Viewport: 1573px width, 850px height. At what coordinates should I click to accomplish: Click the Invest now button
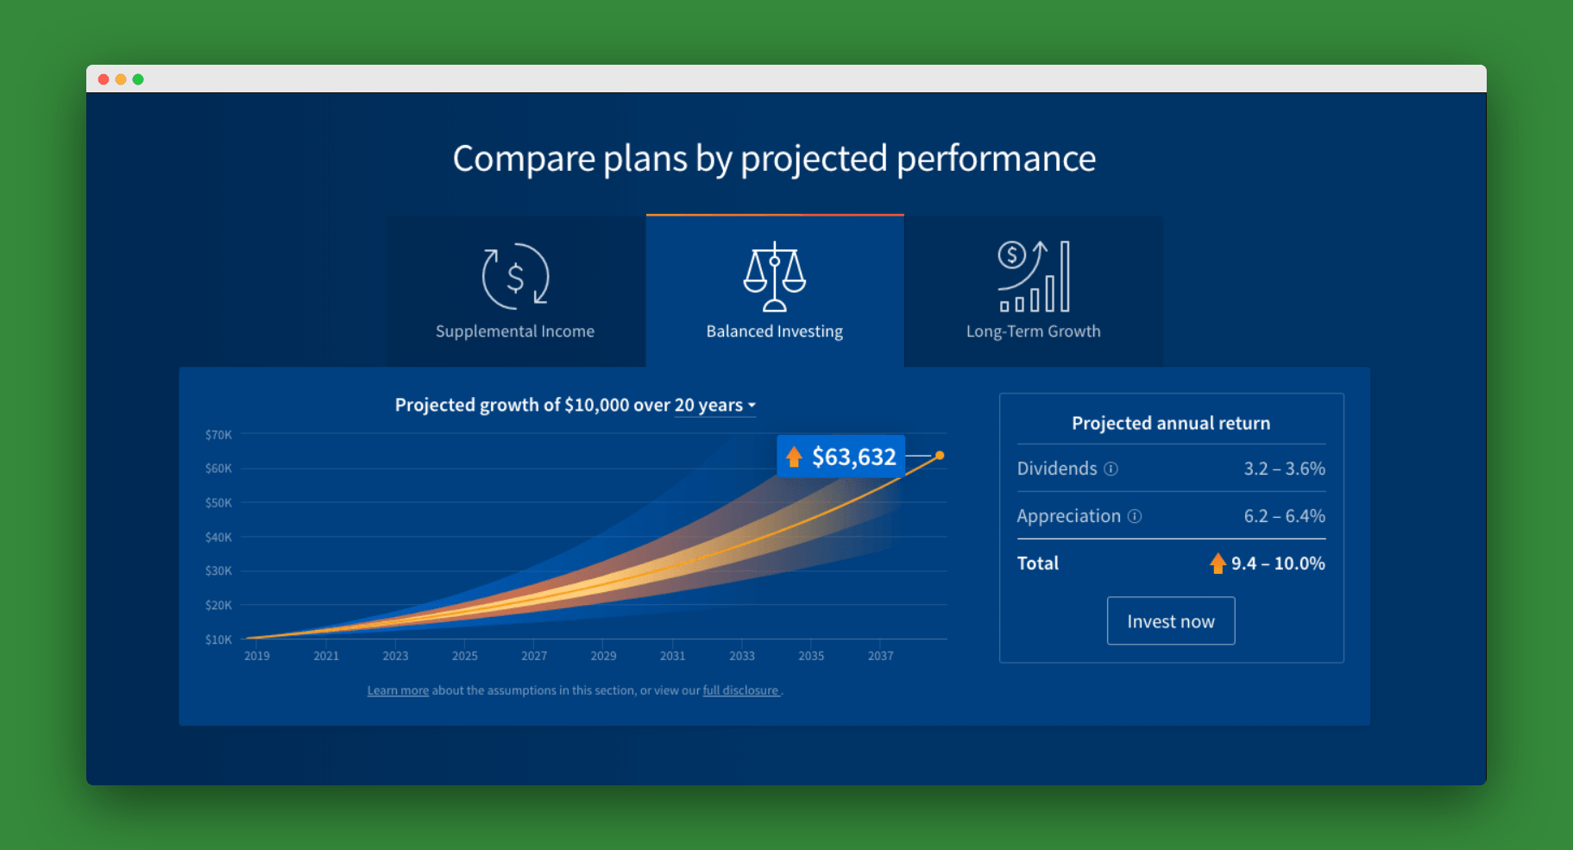point(1171,620)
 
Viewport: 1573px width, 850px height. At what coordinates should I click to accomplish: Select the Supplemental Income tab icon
point(515,276)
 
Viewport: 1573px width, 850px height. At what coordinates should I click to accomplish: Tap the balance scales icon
point(775,276)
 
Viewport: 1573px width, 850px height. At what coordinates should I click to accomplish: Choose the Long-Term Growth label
point(1033,331)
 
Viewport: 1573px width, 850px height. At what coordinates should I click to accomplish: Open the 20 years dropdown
point(715,406)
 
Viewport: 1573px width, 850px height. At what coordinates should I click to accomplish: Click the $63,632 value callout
point(841,456)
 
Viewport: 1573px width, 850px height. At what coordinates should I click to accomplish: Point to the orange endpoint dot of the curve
point(940,456)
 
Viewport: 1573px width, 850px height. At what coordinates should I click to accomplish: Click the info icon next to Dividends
point(1111,469)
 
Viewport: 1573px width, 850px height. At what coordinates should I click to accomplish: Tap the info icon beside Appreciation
point(1135,516)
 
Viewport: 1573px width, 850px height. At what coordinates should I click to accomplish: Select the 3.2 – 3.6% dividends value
point(1284,469)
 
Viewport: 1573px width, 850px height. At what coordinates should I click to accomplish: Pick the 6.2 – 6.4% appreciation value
point(1284,516)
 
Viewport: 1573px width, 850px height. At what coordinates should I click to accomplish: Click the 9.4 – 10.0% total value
point(1278,564)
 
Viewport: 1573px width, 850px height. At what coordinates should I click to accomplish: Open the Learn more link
point(398,690)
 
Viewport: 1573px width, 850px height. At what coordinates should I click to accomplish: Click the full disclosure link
point(740,690)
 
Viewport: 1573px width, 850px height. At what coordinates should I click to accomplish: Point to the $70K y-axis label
point(218,435)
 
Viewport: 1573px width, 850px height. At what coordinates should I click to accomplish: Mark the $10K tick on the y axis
point(218,639)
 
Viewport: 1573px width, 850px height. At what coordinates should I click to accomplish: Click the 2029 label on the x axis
point(603,656)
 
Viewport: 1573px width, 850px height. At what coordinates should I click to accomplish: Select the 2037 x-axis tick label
point(880,656)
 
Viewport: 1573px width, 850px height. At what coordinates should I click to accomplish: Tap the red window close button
point(104,79)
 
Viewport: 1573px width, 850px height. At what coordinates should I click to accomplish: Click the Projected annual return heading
point(1171,423)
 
